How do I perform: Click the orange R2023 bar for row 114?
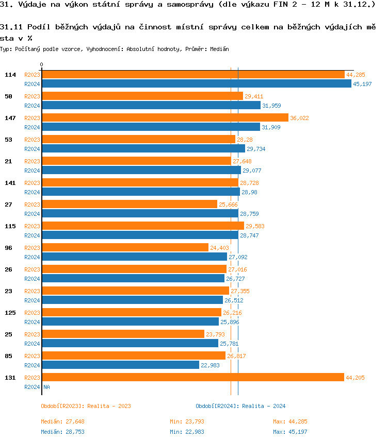[193, 75]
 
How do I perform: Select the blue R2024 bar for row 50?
[151, 106]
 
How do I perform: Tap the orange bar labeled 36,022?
[165, 118]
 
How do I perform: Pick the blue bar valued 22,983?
[120, 365]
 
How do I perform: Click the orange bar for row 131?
[192, 378]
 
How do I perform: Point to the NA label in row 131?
[46, 387]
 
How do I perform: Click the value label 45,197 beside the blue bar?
[362, 84]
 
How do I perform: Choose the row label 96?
[8, 248]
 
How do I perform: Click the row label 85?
[8, 356]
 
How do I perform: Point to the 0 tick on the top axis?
[41, 65]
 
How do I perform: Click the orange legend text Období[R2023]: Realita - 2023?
[86, 406]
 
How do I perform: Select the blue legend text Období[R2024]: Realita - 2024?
[240, 406]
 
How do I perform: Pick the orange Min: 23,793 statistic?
[187, 421]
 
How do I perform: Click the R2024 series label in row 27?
[32, 214]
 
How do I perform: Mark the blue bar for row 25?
[130, 344]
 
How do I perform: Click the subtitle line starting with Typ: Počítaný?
[115, 49]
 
